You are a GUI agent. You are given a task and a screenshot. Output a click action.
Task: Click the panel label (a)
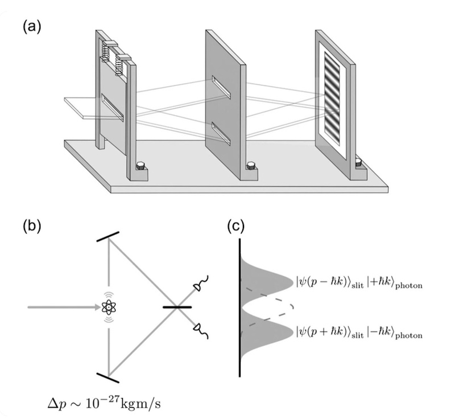coord(32,27)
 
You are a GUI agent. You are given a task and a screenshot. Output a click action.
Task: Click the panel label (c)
coord(237,226)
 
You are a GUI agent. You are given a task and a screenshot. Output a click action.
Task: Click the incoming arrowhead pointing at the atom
coord(95,308)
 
